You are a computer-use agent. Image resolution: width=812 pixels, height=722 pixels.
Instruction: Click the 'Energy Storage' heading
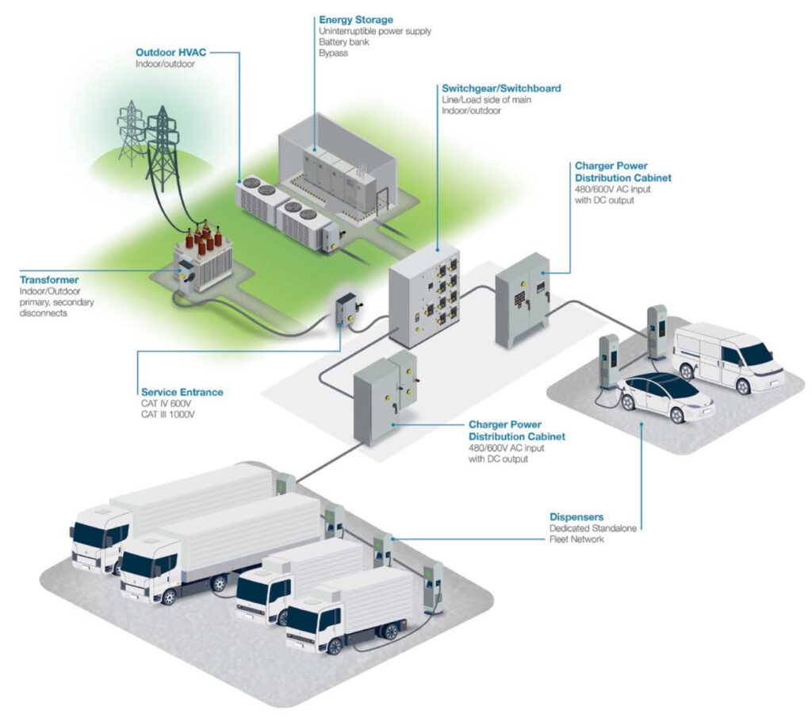355,19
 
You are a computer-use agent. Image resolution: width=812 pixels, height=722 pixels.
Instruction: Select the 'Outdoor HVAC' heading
170,52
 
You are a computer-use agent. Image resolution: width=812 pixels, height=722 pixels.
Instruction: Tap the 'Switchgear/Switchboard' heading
501,89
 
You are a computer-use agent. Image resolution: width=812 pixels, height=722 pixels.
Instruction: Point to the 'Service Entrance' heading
182,392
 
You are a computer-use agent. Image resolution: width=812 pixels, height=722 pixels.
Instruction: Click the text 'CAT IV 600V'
166,404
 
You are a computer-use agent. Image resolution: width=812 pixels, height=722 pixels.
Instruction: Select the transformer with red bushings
202,258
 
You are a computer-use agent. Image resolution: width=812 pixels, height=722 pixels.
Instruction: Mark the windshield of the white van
756,354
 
